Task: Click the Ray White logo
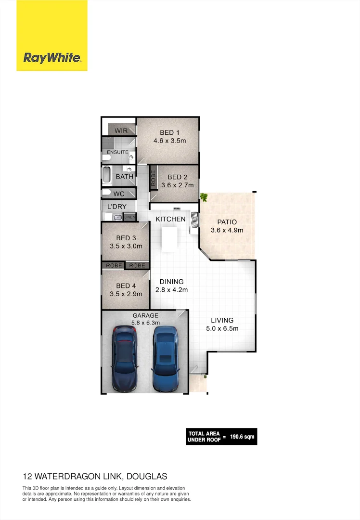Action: point(52,58)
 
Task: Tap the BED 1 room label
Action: point(169,133)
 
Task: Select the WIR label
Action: point(121,130)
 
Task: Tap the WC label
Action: point(119,194)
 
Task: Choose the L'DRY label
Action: point(116,207)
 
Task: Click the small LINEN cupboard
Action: point(130,218)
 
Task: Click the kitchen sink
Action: point(195,219)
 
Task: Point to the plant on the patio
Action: point(204,197)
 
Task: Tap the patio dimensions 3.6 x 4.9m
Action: point(227,230)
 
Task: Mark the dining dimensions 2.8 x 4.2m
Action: point(171,290)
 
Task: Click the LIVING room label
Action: point(222,320)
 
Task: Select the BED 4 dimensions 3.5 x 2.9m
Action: point(126,294)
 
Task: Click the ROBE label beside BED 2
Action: point(153,179)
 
